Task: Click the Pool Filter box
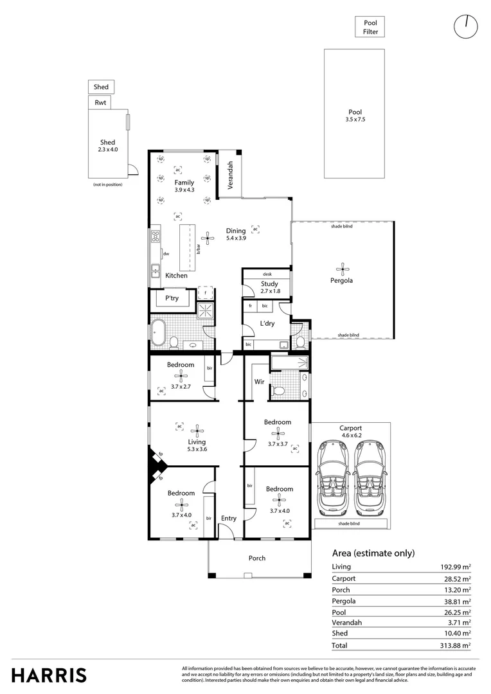tap(370, 27)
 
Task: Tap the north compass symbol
tap(466, 26)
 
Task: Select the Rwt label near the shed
tap(100, 102)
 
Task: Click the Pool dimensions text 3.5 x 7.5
tap(355, 120)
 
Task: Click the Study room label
tap(269, 283)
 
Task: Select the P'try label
tap(172, 298)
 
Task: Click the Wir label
tap(259, 381)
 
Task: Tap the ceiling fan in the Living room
tap(198, 431)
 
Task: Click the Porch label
tap(257, 558)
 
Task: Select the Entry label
tap(228, 518)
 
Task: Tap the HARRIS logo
tap(49, 675)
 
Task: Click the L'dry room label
tap(267, 323)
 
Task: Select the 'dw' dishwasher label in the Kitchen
tap(166, 254)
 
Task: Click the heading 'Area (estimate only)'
tap(373, 553)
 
